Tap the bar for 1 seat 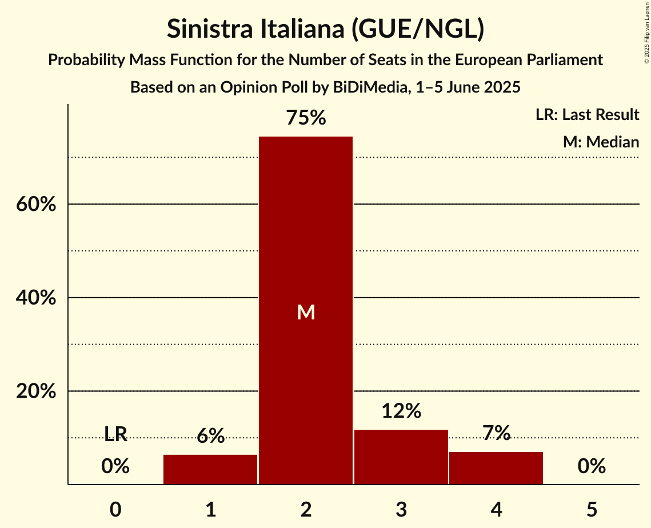(x=210, y=470)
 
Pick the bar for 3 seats (x=401, y=457)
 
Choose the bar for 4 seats (x=496, y=468)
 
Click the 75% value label (x=306, y=118)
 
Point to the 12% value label (x=401, y=411)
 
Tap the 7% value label (x=496, y=433)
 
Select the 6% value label (x=210, y=437)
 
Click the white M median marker (x=306, y=312)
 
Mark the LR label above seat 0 (x=115, y=434)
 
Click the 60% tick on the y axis (x=36, y=204)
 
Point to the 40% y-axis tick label (x=36, y=298)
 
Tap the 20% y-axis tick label (x=36, y=391)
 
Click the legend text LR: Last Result (x=587, y=115)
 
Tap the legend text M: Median (x=601, y=142)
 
